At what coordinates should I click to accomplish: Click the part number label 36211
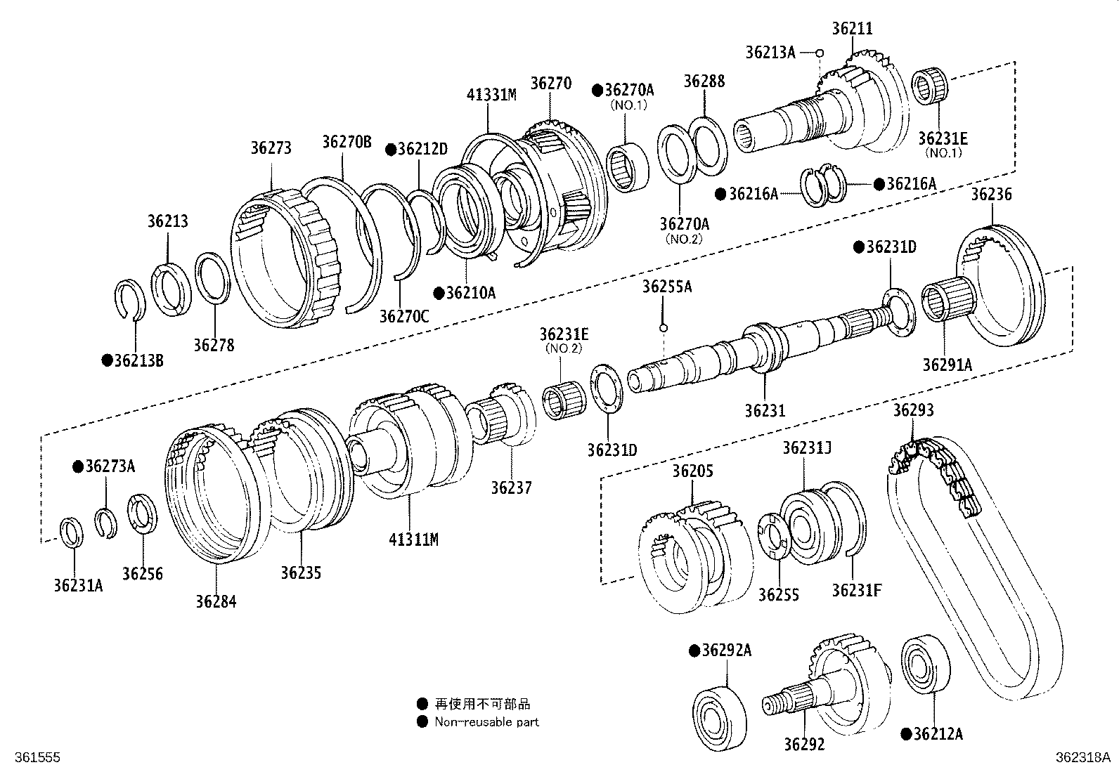point(852,29)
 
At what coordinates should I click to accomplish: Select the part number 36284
point(216,602)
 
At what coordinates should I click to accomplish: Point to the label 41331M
point(491,94)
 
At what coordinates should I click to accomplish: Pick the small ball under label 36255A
point(663,328)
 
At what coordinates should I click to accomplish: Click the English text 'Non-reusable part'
point(486,721)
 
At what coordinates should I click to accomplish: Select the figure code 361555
point(37,757)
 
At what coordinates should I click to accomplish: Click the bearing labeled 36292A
point(719,719)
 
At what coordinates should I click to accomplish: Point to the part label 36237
point(512,488)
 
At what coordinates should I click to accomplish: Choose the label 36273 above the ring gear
point(271,148)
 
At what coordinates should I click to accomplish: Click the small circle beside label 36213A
point(820,53)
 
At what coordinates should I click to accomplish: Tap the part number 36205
point(693,471)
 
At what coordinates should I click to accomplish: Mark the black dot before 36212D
point(391,150)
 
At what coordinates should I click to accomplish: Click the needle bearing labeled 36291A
point(948,299)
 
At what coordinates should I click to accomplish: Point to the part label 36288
point(704,81)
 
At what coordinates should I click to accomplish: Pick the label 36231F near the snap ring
point(856,591)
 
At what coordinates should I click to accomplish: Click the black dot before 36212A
point(906,734)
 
